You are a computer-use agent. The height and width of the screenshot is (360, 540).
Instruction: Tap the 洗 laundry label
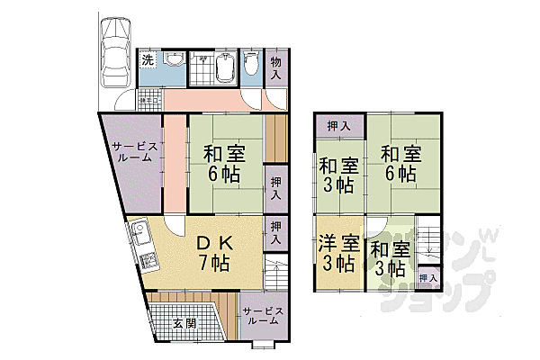pyautogui.click(x=147, y=60)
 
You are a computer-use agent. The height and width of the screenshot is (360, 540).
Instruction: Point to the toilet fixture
pyautogui.click(x=251, y=63)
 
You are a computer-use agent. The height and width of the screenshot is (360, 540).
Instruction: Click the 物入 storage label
pyautogui.click(x=276, y=67)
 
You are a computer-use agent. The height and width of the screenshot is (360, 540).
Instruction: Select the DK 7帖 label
pyautogui.click(x=215, y=253)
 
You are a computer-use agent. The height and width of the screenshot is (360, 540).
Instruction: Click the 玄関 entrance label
pyautogui.click(x=184, y=325)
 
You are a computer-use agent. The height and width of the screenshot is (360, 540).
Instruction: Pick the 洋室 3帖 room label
pyautogui.click(x=339, y=253)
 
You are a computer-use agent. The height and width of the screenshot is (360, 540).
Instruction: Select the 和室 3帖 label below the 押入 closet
pyautogui.click(x=339, y=175)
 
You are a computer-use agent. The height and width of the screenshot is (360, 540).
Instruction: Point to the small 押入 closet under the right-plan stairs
pyautogui.click(x=429, y=277)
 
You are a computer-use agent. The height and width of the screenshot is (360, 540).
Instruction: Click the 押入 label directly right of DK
pyautogui.click(x=276, y=233)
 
